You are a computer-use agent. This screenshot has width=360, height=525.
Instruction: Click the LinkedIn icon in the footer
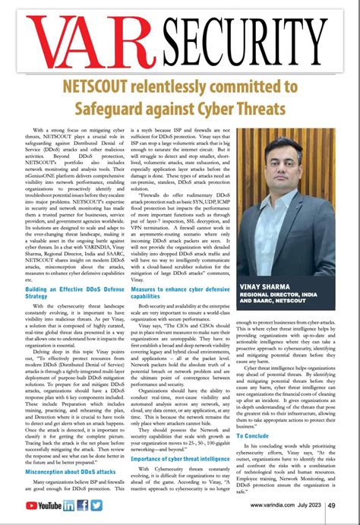tap(70, 505)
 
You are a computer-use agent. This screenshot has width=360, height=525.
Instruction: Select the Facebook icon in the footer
tap(83, 505)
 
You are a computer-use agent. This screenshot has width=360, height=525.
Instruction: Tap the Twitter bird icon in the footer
tap(96, 505)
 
